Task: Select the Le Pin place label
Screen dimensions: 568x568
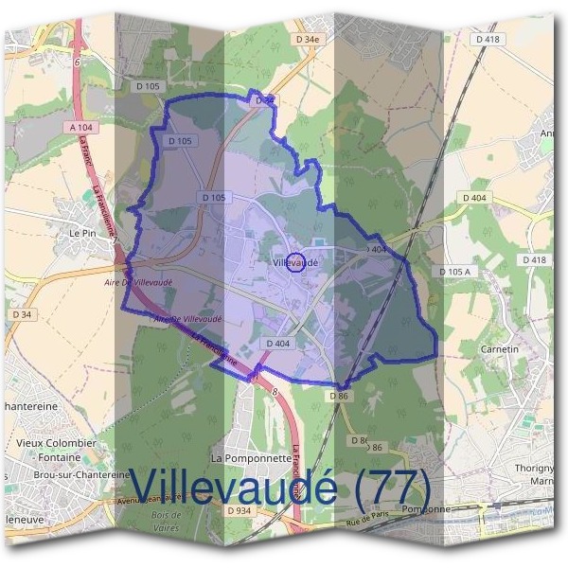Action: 84,231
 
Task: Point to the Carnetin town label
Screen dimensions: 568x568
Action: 500,349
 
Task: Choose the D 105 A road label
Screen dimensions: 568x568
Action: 454,272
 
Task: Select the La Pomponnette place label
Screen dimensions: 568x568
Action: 251,457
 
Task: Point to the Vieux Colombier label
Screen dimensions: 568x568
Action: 57,442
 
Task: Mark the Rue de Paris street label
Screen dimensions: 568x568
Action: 369,519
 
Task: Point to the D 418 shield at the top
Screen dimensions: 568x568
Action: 488,39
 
